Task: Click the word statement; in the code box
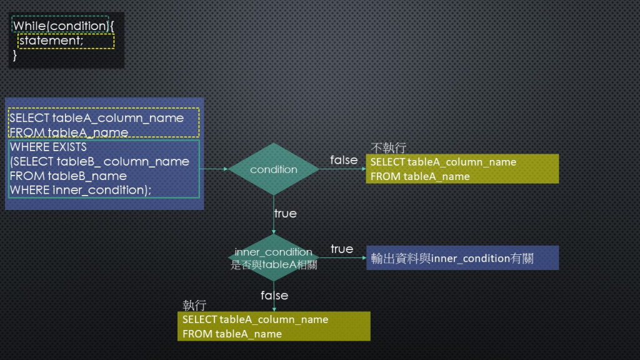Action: coord(51,41)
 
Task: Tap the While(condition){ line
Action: coord(61,26)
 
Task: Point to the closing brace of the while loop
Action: coord(15,55)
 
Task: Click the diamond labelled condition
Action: coord(274,169)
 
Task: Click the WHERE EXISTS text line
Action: coord(48,147)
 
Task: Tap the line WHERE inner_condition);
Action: coord(81,190)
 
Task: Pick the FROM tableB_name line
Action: coord(68,176)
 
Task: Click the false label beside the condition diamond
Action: coord(344,160)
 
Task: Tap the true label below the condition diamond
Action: coord(285,213)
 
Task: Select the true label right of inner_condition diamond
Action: coord(342,249)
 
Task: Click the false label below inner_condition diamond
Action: coord(274,295)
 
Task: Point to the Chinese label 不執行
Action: coord(389,148)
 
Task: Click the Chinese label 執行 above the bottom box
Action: coord(194,305)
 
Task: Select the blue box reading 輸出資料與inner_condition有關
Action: coord(462,257)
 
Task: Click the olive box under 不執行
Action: coord(462,169)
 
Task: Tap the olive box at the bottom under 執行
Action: coord(274,326)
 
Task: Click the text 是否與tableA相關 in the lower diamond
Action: coord(274,264)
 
